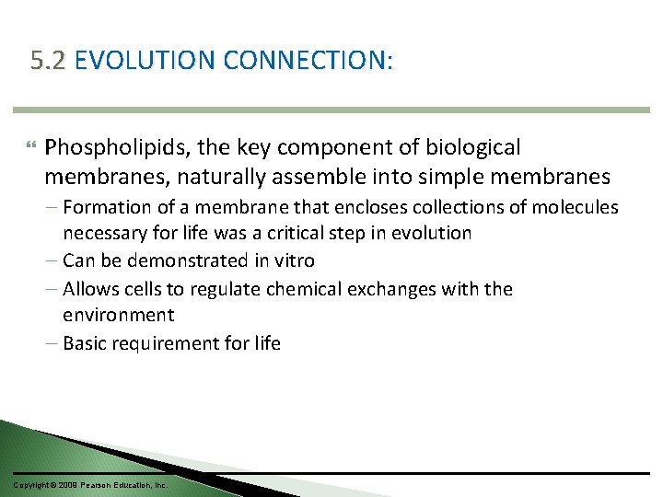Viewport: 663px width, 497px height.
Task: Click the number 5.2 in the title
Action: (x=48, y=62)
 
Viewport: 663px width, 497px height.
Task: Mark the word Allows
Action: (x=90, y=289)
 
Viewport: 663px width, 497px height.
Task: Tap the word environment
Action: (x=118, y=316)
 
